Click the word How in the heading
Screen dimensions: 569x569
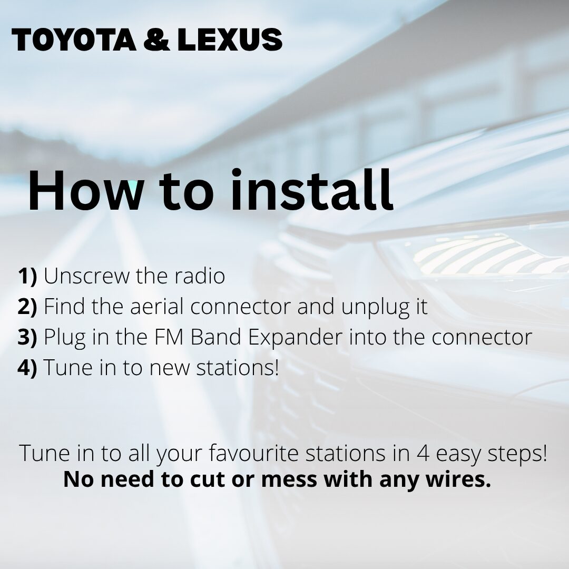coord(86,190)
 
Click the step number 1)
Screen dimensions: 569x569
coord(27,276)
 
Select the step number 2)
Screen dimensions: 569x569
coord(27,307)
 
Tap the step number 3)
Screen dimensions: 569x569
coord(27,337)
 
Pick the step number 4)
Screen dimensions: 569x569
coord(27,368)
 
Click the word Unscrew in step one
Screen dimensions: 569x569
coord(86,276)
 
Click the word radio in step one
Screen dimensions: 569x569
coord(200,276)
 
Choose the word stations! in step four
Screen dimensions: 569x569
coord(238,368)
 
